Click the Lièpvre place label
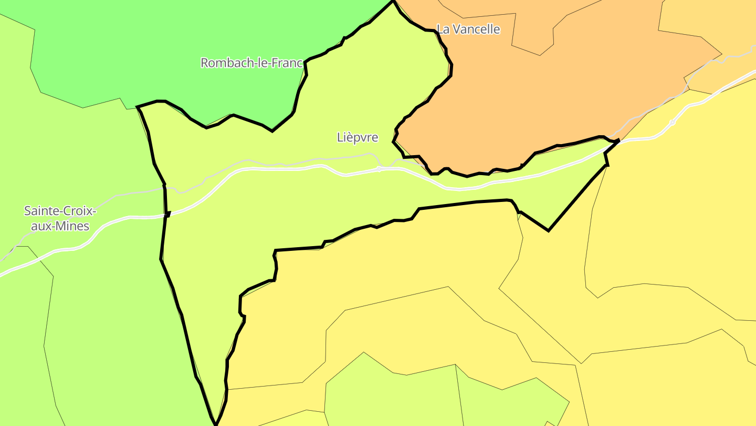pyautogui.click(x=357, y=138)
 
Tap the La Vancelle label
pyautogui.click(x=468, y=29)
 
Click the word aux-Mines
pyautogui.click(x=60, y=227)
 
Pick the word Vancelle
pyautogui.click(x=477, y=29)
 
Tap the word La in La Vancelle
pyautogui.click(x=443, y=29)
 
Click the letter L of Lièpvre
pyautogui.click(x=340, y=138)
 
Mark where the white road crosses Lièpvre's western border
pyautogui.click(x=166, y=214)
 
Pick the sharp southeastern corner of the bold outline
pyautogui.click(x=548, y=230)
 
